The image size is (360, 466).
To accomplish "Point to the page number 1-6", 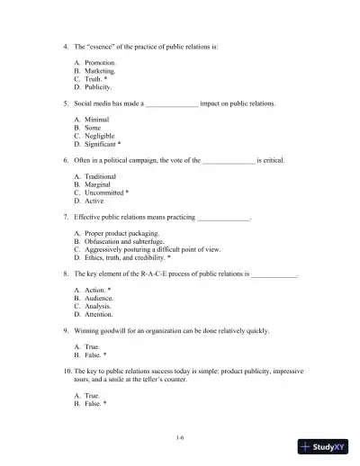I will click(x=181, y=437).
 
